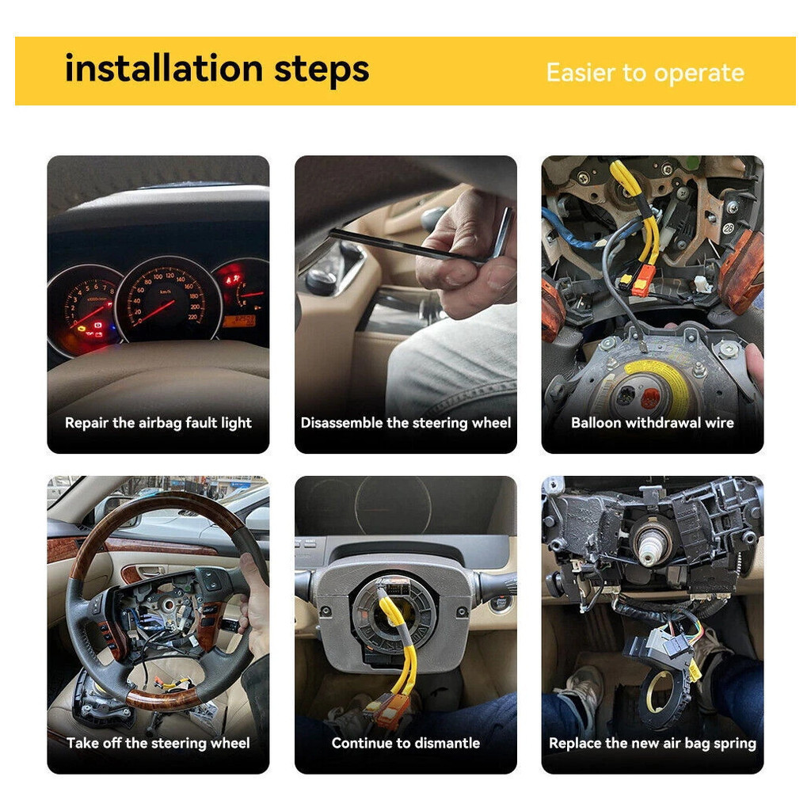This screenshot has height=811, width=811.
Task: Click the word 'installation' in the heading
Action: pyautogui.click(x=164, y=68)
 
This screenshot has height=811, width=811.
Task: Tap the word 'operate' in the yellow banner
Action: pyautogui.click(x=699, y=74)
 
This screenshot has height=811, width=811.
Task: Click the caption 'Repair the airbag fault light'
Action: pyautogui.click(x=158, y=423)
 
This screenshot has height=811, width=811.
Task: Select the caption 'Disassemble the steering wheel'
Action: pyautogui.click(x=405, y=423)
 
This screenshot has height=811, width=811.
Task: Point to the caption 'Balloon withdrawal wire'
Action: pyautogui.click(x=653, y=423)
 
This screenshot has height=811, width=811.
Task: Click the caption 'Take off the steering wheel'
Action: pyautogui.click(x=158, y=743)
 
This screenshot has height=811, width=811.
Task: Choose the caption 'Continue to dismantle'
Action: pyautogui.click(x=405, y=743)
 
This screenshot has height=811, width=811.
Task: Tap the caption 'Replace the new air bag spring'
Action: pyautogui.click(x=653, y=744)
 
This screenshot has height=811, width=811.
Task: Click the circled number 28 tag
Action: pyautogui.click(x=729, y=228)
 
